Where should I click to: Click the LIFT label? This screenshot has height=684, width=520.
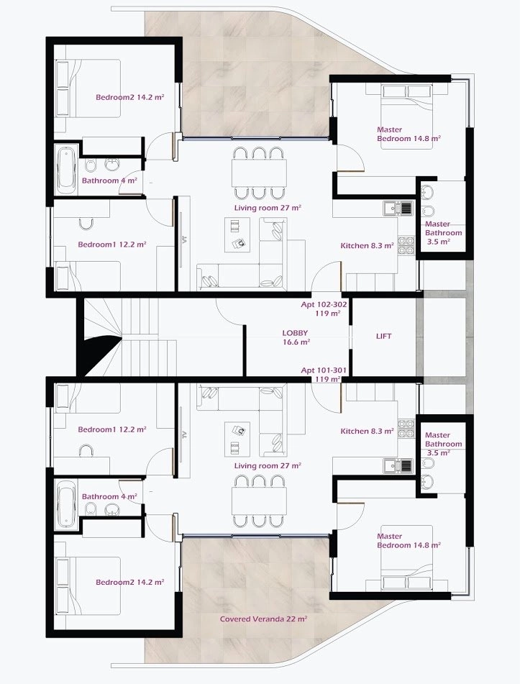[383, 336]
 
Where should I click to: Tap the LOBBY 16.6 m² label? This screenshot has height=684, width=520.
[296, 337]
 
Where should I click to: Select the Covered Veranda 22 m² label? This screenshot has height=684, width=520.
[263, 619]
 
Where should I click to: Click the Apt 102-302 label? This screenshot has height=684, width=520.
[324, 304]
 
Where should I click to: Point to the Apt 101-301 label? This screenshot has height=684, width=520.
[324, 370]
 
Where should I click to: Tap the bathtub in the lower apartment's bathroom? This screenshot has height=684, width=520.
[67, 504]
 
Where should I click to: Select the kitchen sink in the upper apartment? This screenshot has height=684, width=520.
[398, 208]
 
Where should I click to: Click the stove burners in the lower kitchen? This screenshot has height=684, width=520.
[406, 428]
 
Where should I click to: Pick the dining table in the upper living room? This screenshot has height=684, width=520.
[259, 173]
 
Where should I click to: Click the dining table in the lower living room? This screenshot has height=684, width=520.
[259, 501]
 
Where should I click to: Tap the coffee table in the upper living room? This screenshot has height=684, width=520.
[237, 234]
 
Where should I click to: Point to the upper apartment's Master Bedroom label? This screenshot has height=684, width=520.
[409, 134]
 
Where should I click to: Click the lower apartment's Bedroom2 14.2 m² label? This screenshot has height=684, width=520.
[130, 582]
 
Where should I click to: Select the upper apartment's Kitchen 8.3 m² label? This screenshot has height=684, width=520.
[368, 245]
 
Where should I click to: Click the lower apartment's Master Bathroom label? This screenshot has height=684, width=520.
[443, 444]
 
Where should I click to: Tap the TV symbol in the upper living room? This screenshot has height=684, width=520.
[184, 239]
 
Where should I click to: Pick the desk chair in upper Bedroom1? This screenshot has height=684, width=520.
[86, 224]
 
